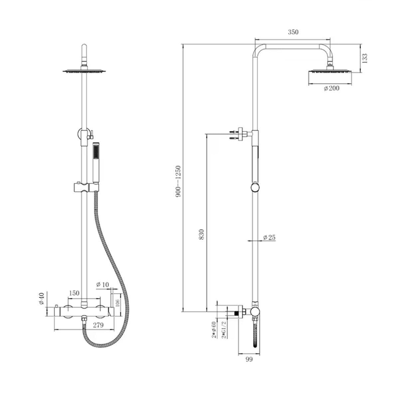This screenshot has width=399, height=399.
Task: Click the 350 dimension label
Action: point(293,32)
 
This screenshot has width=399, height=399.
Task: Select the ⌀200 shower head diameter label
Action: point(332,88)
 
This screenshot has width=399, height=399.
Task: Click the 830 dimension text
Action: point(201,234)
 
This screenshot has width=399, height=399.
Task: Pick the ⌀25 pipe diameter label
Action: point(269,237)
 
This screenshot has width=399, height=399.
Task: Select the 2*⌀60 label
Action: point(214,333)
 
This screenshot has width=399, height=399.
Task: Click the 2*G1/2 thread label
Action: point(224,333)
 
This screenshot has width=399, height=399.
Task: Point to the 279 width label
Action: point(98,325)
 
